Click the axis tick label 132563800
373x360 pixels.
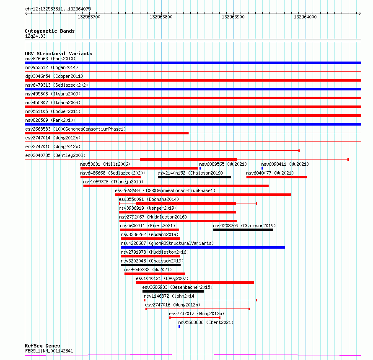(161, 17)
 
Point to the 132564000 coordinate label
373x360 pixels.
(305, 17)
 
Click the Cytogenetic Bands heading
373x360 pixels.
(49, 31)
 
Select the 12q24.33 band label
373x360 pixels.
(35, 36)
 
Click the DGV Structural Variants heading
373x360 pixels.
(58, 54)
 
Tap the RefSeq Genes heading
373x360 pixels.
(42, 346)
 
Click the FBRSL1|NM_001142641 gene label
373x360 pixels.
(49, 351)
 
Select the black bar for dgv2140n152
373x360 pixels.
(194, 177)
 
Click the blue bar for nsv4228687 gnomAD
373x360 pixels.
(203, 247)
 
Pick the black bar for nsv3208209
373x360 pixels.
(243, 230)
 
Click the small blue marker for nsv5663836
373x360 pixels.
(179, 327)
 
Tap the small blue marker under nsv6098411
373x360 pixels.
(262, 168)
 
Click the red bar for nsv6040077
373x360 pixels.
(276, 177)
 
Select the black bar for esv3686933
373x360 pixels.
(173, 291)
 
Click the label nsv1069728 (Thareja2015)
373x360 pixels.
(113, 182)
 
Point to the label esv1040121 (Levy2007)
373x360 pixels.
(162, 278)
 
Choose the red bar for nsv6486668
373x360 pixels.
(111, 177)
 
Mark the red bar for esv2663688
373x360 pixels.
(203, 195)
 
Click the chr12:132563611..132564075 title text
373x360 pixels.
(58, 9)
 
